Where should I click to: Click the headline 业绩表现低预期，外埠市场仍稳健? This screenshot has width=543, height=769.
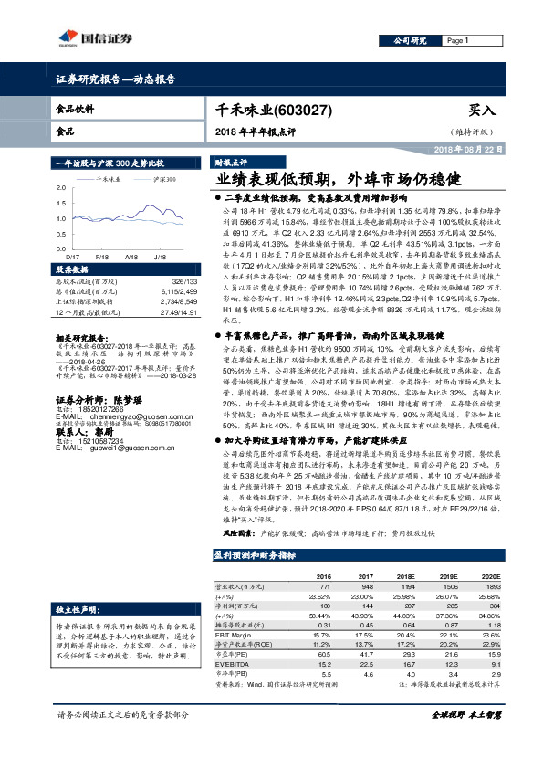coord(329,179)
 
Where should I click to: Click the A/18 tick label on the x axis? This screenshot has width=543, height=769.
coord(130,258)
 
